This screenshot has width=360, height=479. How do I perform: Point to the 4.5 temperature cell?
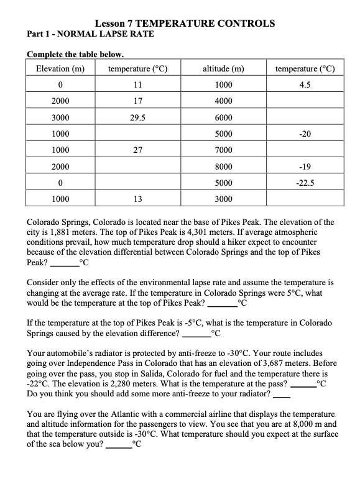point(305,84)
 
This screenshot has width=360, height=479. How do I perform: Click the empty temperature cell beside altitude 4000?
point(305,100)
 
